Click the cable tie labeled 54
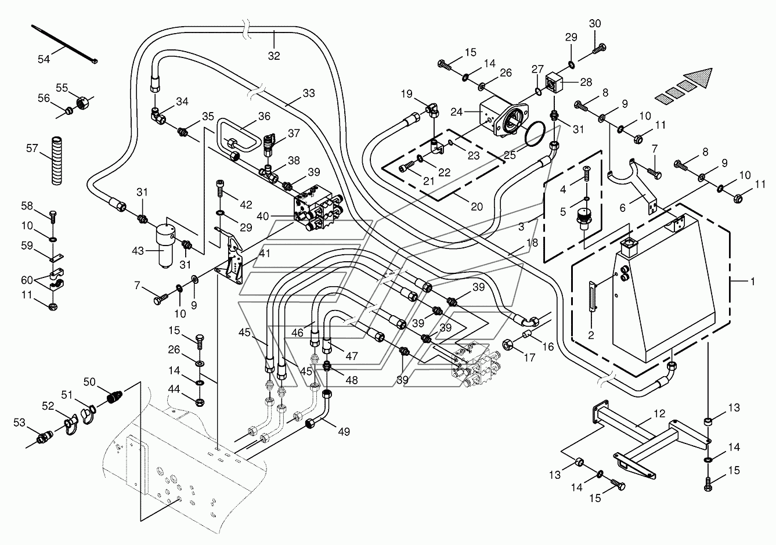pyautogui.click(x=64, y=44)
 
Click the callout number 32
pyautogui.click(x=274, y=56)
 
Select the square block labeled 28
pyautogui.click(x=554, y=83)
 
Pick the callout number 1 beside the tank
pyautogui.click(x=752, y=281)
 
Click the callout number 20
pyautogui.click(x=477, y=207)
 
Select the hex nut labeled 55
pyautogui.click(x=83, y=102)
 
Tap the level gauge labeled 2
pyautogui.click(x=591, y=298)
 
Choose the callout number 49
pyautogui.click(x=344, y=432)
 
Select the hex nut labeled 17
pyautogui.click(x=507, y=345)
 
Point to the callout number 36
pyautogui.click(x=264, y=116)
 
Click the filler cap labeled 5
pyautogui.click(x=584, y=218)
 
